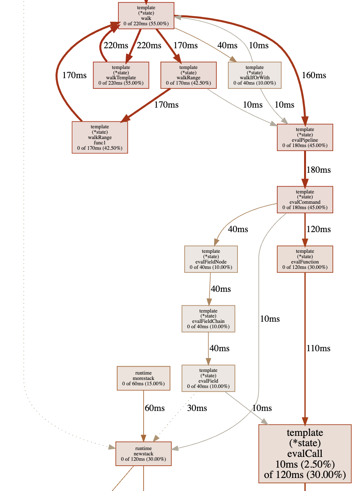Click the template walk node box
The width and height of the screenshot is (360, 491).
click(x=146, y=15)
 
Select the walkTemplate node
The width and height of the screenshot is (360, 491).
click(x=121, y=75)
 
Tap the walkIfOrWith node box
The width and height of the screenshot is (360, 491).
click(x=255, y=75)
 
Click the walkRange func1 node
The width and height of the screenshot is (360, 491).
click(x=100, y=137)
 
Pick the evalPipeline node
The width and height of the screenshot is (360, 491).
click(x=305, y=137)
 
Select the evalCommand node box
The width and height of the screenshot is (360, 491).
click(x=305, y=200)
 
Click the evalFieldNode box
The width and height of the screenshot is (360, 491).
click(x=211, y=259)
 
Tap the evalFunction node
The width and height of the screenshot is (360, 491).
click(x=305, y=259)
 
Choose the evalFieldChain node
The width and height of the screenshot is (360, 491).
click(x=208, y=319)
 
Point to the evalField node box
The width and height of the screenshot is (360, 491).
click(x=208, y=378)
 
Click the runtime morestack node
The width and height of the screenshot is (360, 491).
click(x=143, y=378)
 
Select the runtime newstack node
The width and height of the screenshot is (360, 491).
click(x=144, y=453)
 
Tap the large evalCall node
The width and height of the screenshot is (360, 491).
click(x=305, y=454)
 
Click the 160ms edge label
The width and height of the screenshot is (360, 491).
click(x=314, y=75)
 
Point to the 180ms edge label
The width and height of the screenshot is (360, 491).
click(x=318, y=170)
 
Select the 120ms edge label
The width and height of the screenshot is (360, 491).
click(x=318, y=229)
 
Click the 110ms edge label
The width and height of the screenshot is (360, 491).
click(x=318, y=348)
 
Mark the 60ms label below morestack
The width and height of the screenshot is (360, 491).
click(x=155, y=408)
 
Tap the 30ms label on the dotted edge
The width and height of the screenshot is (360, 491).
click(x=197, y=408)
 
